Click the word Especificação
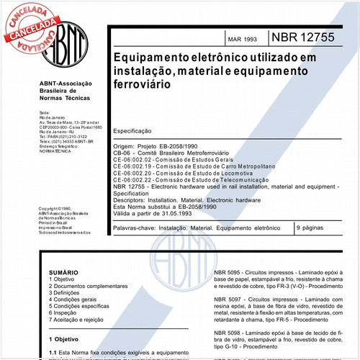tap(132, 132)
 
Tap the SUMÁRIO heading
tap(63, 274)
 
